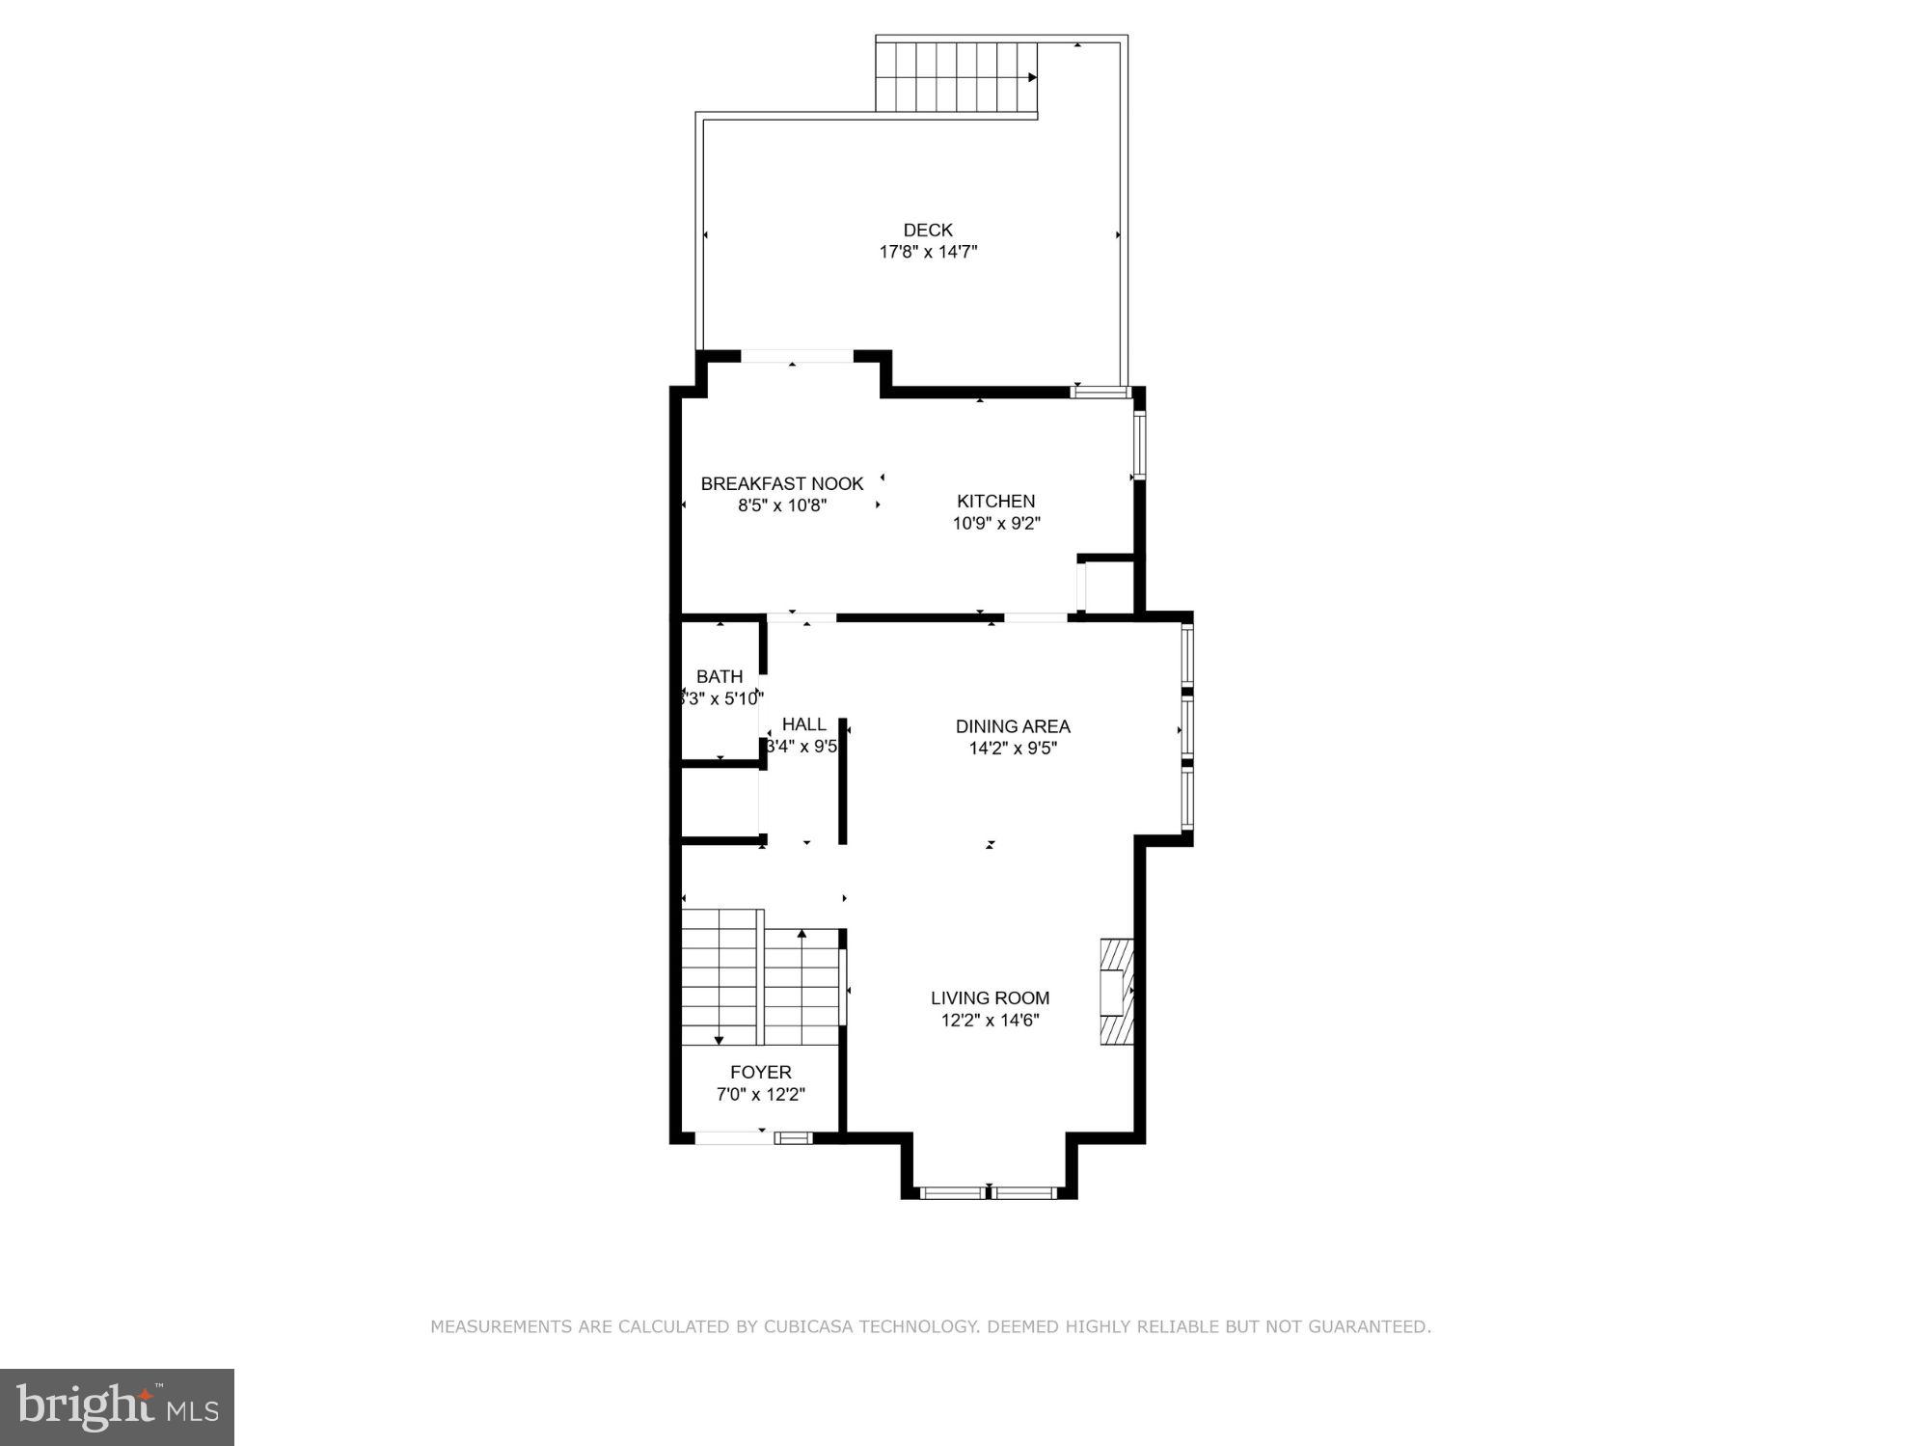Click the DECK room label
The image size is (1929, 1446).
click(928, 230)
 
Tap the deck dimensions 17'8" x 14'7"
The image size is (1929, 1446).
click(928, 252)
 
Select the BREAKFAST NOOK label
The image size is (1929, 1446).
click(782, 483)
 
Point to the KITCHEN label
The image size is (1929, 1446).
click(996, 501)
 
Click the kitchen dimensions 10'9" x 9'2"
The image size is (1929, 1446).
click(996, 523)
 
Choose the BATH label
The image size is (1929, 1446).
click(720, 676)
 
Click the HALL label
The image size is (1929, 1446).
click(803, 723)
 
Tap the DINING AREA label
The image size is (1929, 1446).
click(1013, 726)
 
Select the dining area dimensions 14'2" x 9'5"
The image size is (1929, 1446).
click(1013, 748)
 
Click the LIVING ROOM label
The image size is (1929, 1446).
click(990, 997)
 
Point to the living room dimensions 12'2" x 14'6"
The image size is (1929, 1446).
click(990, 1020)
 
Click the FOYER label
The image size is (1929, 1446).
click(761, 1072)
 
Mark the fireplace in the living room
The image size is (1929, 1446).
click(1118, 992)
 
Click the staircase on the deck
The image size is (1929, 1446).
click(955, 77)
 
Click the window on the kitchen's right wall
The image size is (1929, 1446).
click(1138, 445)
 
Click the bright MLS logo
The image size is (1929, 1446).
click(117, 1406)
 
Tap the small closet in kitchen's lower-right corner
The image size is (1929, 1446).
click(1108, 586)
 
